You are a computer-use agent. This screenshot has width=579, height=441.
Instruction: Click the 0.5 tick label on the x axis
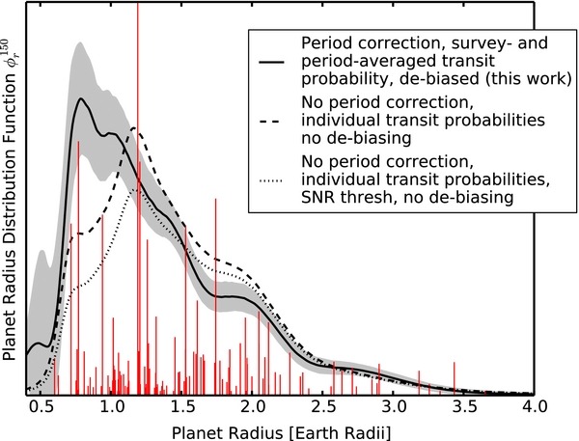41,407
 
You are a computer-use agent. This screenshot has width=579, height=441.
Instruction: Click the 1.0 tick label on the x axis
111,407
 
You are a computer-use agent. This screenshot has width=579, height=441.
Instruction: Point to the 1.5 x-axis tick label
181,407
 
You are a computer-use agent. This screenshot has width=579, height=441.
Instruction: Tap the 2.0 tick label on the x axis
252,407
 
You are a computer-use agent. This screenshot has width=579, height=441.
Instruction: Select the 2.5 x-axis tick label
322,407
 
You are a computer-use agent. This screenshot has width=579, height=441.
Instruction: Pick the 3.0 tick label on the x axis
393,407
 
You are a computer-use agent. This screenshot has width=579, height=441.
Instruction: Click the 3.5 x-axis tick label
463,407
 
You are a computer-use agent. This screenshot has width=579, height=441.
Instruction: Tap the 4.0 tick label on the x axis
534,407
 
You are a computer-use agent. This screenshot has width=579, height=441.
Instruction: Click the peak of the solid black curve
83,98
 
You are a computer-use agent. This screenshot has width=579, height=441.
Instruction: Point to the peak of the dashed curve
136,130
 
